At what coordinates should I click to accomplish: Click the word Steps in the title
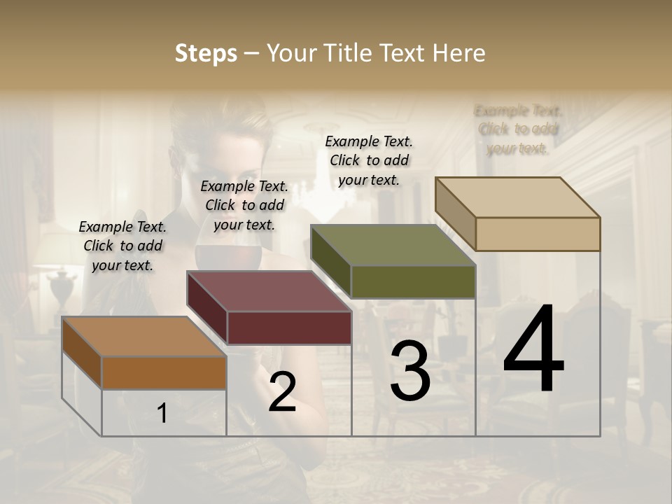pos(205,53)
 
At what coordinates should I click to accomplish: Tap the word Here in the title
pos(458,53)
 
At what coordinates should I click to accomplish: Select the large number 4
pos(533,350)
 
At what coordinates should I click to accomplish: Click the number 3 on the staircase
pos(410,372)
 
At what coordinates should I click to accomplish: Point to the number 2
pos(282,393)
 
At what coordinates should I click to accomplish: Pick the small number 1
pos(162,414)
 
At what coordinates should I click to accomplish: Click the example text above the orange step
pos(122,246)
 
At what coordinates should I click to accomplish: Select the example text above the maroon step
pos(244,205)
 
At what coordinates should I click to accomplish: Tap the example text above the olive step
pos(369,160)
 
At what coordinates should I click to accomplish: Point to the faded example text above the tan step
pos(518,129)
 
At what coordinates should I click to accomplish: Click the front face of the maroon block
pos(289,328)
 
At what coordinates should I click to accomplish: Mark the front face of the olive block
pos(413,281)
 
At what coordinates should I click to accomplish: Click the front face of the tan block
pos(538,234)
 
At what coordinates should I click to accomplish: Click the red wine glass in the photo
pos(210,255)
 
